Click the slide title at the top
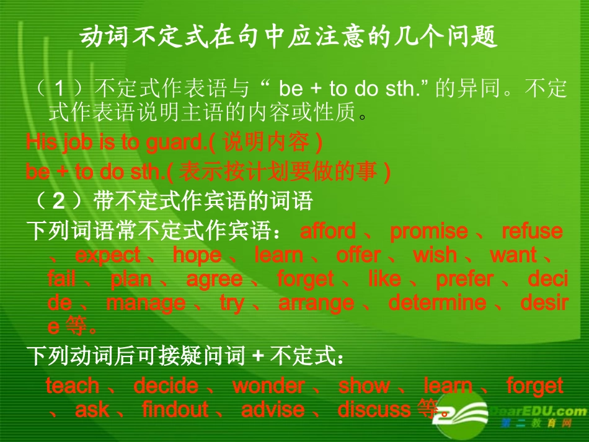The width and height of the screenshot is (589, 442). tap(289, 38)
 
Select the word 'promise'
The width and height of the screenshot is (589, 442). tap(428, 232)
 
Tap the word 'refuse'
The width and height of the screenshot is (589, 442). tap(532, 232)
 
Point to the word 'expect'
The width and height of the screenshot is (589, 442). tap(107, 255)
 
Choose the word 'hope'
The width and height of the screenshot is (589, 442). tap(197, 255)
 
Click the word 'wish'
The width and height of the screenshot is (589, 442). tap(435, 255)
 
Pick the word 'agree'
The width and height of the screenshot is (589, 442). tap(214, 280)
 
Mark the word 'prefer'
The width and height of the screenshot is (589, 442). tap(464, 280)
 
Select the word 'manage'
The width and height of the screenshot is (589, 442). tap(146, 303)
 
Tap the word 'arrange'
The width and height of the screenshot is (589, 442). tap(316, 303)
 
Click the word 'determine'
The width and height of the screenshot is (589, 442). tap(437, 303)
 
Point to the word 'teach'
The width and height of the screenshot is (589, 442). tap(73, 386)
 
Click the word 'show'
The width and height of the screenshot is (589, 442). tap(364, 386)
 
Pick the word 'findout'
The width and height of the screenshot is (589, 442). tap(175, 410)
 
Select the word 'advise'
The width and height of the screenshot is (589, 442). tap(273, 410)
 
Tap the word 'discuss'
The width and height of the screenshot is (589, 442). tap(374, 410)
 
